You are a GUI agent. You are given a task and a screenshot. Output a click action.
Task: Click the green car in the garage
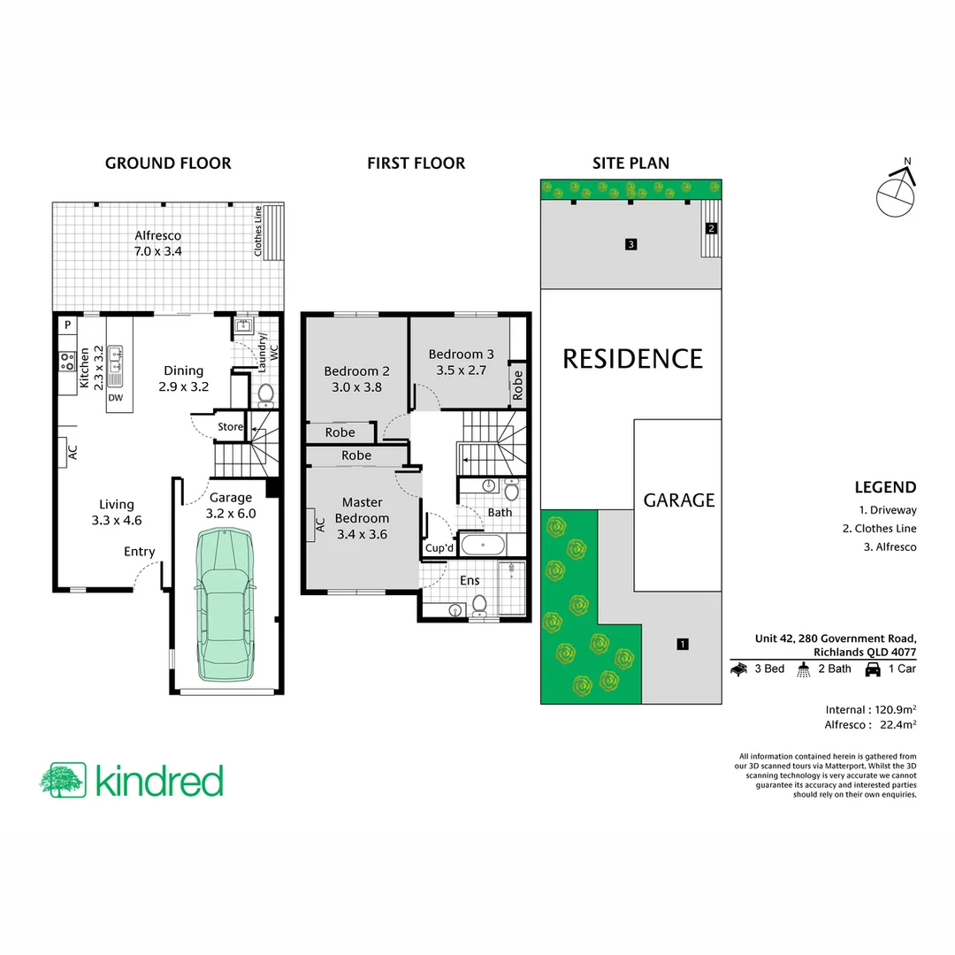pos(226,606)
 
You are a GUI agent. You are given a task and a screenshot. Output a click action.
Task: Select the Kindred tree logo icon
pos(63,780)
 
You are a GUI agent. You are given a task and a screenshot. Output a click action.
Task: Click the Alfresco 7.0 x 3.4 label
pos(158,243)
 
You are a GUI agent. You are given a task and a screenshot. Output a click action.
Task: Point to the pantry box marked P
pos(67,325)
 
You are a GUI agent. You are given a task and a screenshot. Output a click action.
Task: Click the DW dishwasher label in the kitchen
pos(115,398)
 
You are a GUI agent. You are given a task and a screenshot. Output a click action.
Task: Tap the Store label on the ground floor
pos(230,427)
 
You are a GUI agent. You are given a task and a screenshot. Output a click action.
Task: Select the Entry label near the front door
pos(139,552)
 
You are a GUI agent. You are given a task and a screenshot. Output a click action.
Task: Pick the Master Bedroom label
pos(362,518)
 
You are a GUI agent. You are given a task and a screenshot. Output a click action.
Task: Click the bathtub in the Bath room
pos(481,544)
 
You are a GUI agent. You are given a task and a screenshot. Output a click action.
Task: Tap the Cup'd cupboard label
pos(439,547)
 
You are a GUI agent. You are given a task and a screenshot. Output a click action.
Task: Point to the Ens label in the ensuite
pos(470,581)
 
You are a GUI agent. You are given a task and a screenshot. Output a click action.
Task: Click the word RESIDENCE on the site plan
pos(632,359)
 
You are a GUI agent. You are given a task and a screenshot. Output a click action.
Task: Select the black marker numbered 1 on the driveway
pos(682,644)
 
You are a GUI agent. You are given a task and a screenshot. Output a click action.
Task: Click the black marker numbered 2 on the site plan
pos(711,228)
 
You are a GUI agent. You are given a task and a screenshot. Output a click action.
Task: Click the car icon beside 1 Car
pos(873,669)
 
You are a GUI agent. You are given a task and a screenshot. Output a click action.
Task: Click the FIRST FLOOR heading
pos(416,163)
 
